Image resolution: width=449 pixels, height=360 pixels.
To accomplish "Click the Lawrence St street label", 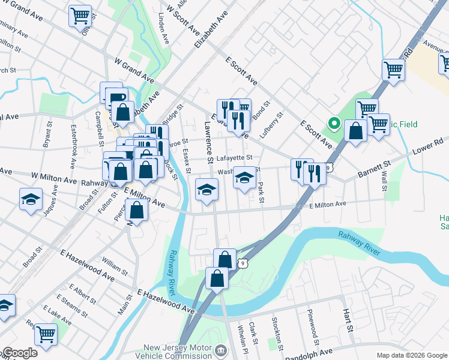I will point(208,143).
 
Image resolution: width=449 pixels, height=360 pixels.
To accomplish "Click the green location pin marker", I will point(333,124).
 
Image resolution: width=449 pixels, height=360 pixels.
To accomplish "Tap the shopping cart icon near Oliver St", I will point(80,16).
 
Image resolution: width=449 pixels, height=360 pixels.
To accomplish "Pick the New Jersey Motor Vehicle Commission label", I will point(179,352).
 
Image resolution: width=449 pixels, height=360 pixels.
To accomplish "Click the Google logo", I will point(20,353).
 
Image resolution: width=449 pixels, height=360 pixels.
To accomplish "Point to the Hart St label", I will point(347,322).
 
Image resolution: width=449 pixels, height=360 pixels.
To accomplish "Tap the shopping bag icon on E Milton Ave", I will point(137,210).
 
